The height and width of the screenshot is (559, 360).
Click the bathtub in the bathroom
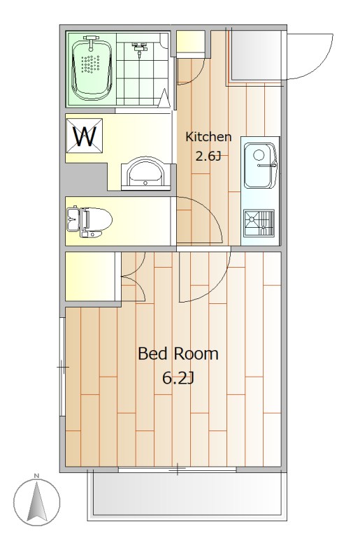[x=92, y=68]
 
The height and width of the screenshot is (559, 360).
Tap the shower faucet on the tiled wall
[x=139, y=49]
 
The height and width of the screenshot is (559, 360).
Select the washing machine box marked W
[x=85, y=136]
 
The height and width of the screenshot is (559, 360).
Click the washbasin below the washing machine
[x=145, y=173]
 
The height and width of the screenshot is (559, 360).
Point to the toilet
[x=89, y=222]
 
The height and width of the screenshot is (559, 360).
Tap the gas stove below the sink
[x=259, y=223]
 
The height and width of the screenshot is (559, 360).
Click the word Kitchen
[x=208, y=136]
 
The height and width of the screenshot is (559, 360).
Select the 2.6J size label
[x=208, y=156]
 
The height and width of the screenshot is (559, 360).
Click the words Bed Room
[x=178, y=354]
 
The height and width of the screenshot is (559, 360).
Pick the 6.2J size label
[x=178, y=378]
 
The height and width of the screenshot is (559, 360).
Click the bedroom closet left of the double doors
[x=90, y=276]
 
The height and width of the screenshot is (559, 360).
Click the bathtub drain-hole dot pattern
[x=89, y=64]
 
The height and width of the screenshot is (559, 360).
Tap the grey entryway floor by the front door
[x=254, y=56]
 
